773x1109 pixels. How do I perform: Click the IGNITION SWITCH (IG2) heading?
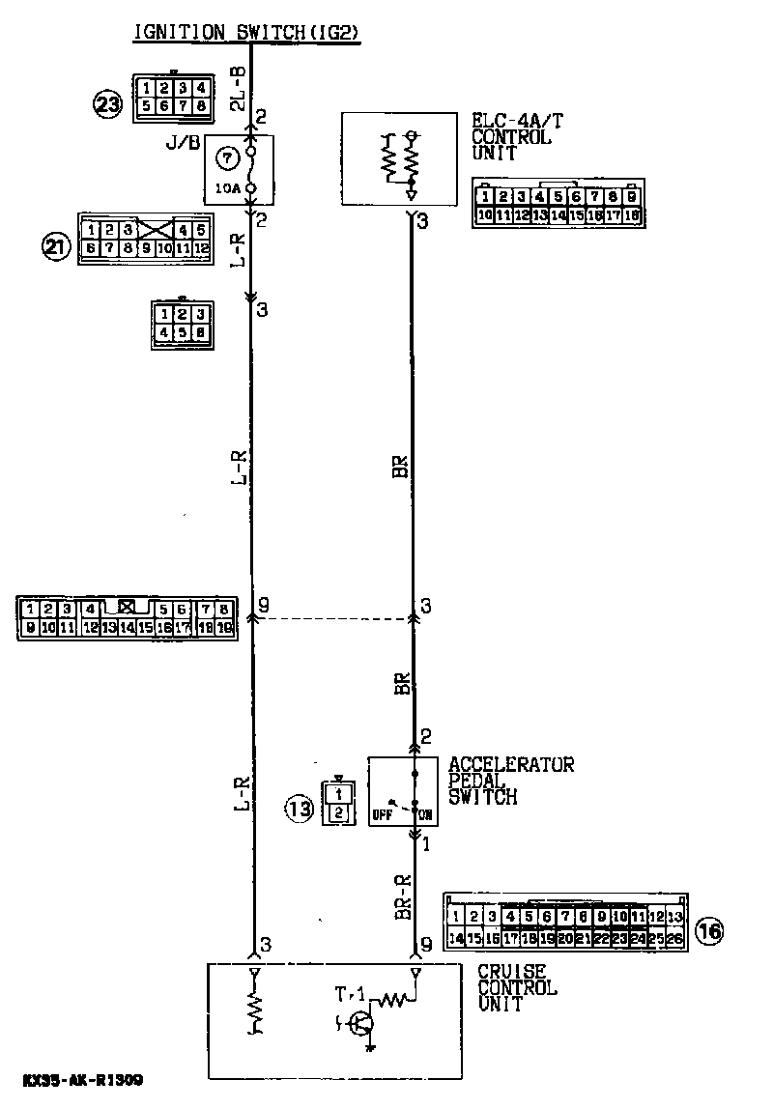click(x=246, y=32)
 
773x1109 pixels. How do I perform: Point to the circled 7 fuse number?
click(x=227, y=156)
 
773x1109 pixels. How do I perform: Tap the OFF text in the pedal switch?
click(x=382, y=815)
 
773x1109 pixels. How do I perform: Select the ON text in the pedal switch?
click(x=426, y=815)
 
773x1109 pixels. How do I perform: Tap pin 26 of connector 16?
click(x=674, y=937)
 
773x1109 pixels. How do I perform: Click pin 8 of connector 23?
click(x=200, y=106)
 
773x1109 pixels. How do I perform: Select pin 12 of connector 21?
click(x=201, y=248)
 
